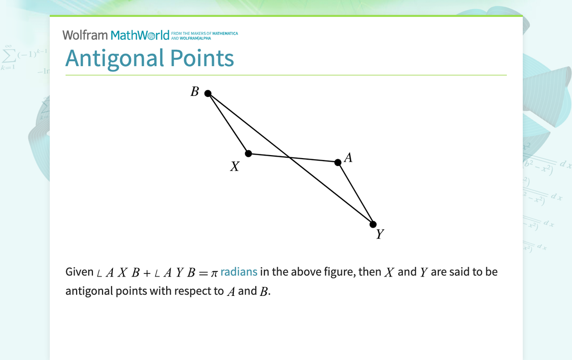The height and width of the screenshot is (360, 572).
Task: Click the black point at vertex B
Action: pyautogui.click(x=208, y=93)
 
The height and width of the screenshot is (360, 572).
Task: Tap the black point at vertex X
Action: pyautogui.click(x=249, y=153)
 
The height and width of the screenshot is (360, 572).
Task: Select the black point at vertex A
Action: pyautogui.click(x=338, y=162)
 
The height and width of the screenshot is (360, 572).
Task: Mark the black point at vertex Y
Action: pyautogui.click(x=373, y=224)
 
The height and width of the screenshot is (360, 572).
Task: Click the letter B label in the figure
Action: pyautogui.click(x=195, y=91)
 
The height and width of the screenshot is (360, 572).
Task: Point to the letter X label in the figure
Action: pyautogui.click(x=235, y=167)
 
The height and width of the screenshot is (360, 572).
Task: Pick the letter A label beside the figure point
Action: pyautogui.click(x=348, y=158)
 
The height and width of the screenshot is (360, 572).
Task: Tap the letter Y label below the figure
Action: pyautogui.click(x=380, y=234)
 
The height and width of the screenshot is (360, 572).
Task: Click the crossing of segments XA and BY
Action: pyautogui.click(x=290, y=157)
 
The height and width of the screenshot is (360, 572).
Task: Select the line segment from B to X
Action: pyautogui.click(x=228, y=123)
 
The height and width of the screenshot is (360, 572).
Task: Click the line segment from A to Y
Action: pyautogui.click(x=356, y=193)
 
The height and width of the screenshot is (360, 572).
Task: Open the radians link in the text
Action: pyautogui.click(x=239, y=272)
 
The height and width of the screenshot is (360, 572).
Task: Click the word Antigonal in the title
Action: pyautogui.click(x=115, y=58)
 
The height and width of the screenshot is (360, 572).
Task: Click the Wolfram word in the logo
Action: pyautogui.click(x=85, y=35)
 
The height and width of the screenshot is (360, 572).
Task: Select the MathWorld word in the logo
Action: pyautogui.click(x=140, y=35)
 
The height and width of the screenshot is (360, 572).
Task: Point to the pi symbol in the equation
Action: pyautogui.click(x=214, y=273)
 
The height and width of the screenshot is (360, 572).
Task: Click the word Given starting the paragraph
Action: pyautogui.click(x=80, y=272)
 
